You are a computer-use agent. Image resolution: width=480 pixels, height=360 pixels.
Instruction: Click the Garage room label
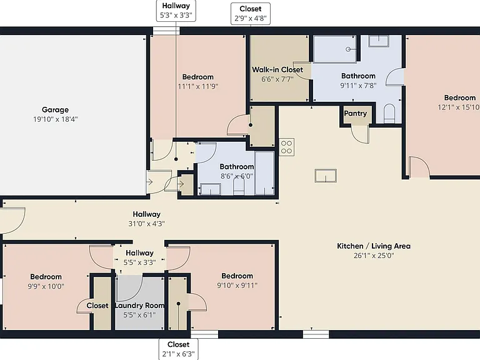pos(55,109)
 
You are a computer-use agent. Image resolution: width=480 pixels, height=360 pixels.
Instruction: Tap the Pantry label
pos(356,113)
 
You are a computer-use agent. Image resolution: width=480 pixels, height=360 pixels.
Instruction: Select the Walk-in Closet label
pos(277,69)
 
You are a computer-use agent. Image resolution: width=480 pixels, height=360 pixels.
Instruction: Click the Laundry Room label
pos(139,305)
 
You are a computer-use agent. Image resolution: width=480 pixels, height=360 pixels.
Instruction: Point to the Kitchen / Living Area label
pos(374,246)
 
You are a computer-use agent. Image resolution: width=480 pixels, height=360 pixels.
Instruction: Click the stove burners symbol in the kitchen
pos(286,147)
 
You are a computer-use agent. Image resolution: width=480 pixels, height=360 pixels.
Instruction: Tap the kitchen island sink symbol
pos(326,176)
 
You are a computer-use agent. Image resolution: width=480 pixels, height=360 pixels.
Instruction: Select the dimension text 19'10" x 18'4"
pos(56,119)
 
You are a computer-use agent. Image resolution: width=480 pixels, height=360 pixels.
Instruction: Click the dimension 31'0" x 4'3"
pos(147,224)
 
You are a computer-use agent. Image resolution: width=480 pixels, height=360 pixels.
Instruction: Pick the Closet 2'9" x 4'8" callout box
pos(251,14)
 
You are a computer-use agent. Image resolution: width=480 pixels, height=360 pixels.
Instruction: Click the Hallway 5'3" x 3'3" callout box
pos(176,11)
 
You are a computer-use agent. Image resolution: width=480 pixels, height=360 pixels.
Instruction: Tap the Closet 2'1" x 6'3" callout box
pos(179,349)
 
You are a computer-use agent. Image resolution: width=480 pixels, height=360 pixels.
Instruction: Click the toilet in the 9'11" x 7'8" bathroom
pos(389,113)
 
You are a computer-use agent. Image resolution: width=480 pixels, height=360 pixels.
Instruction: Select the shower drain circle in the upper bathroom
pos(348,49)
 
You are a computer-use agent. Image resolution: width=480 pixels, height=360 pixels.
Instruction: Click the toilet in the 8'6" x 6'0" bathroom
pos(239,186)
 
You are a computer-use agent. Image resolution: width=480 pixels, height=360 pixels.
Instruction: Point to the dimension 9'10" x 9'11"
pos(237,285)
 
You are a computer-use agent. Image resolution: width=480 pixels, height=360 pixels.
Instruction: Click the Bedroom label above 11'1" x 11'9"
pos(197,77)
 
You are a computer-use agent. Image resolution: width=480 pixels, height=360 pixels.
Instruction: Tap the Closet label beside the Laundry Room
pos(97,306)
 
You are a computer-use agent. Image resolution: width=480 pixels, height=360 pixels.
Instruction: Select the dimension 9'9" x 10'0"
pos(46,286)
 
